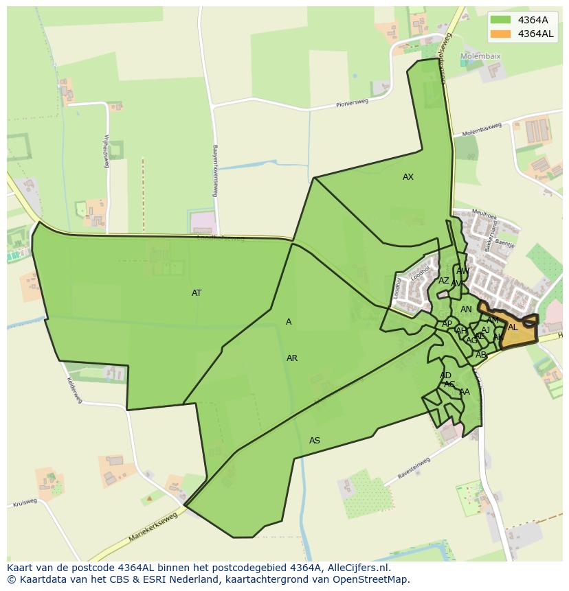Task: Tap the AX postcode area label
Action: (408, 177)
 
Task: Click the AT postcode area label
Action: (197, 293)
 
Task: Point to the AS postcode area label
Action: (315, 441)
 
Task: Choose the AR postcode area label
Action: (292, 358)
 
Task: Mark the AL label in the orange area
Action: (513, 327)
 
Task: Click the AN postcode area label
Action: (466, 310)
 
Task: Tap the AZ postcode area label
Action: (444, 281)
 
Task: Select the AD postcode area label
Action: (445, 375)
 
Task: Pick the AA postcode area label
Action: (465, 392)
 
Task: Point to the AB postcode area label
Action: (481, 355)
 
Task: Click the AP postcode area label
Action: (447, 324)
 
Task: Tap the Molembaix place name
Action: (480, 56)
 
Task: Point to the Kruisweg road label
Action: (24, 503)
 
